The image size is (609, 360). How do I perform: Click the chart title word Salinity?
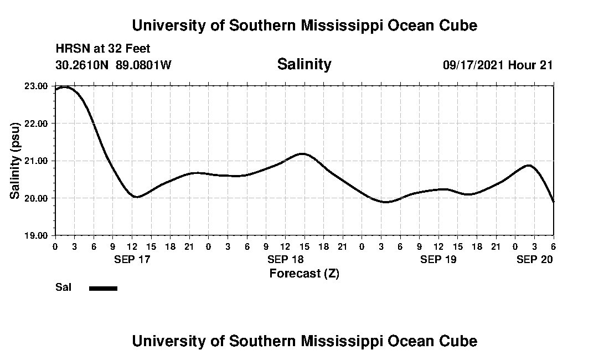pos(304,64)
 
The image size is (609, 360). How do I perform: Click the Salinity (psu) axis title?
pos(16,160)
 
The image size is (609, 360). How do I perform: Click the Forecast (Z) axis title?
pos(304,274)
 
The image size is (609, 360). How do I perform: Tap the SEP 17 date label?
pos(132,259)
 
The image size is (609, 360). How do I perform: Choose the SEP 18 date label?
pos(285,259)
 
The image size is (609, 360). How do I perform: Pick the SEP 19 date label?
pos(438,259)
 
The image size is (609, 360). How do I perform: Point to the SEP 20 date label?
pos(534,259)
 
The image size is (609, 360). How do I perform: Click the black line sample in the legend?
pos(104,288)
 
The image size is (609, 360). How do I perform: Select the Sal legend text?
pos(63,287)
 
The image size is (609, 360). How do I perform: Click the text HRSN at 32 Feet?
pos(103,49)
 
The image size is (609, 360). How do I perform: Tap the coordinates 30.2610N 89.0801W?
pos(113,65)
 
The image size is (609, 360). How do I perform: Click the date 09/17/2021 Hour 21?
pos(498,65)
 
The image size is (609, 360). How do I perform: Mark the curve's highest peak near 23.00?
pos(65,87)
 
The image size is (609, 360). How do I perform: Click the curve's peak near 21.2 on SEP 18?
pos(302,153)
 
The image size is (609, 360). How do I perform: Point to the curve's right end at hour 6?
pos(553,201)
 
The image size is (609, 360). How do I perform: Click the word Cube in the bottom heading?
pos(459,341)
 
